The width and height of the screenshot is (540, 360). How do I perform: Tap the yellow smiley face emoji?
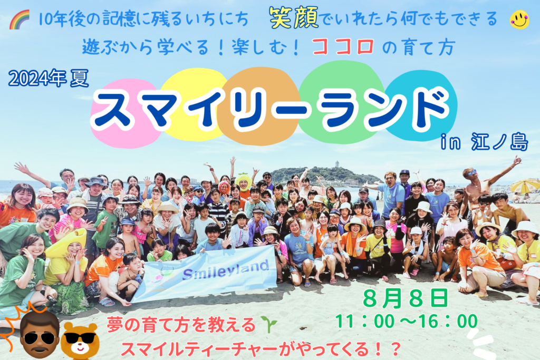coord(519,20)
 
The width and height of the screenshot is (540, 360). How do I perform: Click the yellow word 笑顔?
coord(294,18)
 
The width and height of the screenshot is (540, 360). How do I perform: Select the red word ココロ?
coord(343,47)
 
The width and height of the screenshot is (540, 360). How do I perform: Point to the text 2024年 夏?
coord(49,78)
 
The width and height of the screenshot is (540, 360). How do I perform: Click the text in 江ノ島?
coord(484,142)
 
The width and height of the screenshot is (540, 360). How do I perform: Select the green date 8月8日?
coord(406,298)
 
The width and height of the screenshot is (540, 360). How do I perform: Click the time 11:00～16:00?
coord(407,322)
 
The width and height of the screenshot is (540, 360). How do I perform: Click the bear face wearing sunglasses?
coord(80,340)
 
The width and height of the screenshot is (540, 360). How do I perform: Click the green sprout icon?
coord(269,324)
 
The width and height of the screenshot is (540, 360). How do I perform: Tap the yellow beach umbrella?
coord(525,186)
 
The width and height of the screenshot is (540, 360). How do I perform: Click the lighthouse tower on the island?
coord(336,164)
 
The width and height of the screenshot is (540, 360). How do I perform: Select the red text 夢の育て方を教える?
coord(181,325)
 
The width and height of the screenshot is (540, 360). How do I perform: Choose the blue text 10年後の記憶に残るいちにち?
coord(143,20)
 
